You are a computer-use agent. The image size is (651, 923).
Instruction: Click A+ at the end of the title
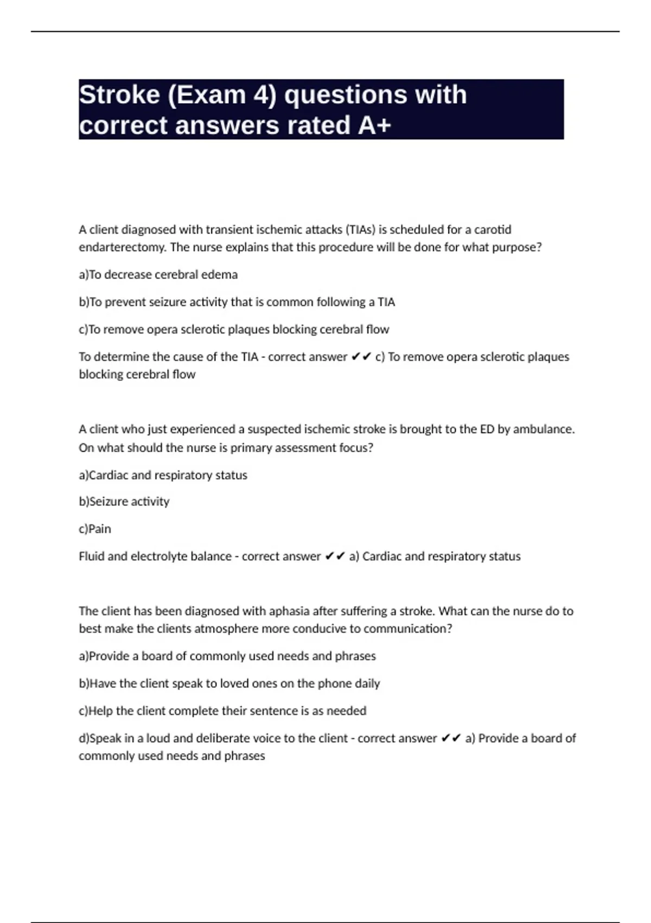point(374,125)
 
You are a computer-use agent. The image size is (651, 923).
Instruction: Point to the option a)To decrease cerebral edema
point(158,275)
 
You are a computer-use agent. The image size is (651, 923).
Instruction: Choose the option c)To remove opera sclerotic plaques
point(234,330)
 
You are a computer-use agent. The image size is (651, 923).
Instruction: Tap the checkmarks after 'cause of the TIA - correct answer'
point(361,357)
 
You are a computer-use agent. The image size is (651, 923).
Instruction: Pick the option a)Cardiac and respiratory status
point(163,475)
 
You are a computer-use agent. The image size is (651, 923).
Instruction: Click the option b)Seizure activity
point(124,502)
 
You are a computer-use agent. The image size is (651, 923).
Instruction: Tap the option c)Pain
point(95,529)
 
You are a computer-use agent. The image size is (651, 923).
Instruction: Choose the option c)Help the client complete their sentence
point(222,711)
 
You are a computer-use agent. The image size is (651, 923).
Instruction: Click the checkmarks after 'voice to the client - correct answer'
point(451,738)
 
